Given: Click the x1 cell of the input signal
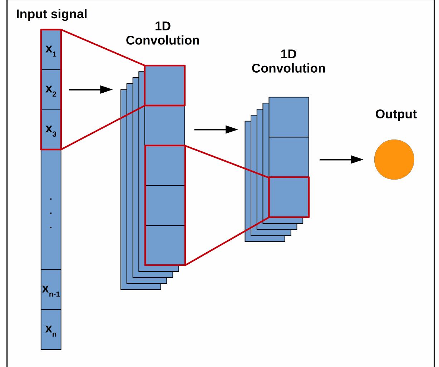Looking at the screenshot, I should pyautogui.click(x=51, y=49).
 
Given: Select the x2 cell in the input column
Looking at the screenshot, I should pyautogui.click(x=51, y=89).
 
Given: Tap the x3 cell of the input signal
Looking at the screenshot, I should pyautogui.click(x=51, y=129).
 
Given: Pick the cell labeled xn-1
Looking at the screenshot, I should pyautogui.click(x=51, y=289).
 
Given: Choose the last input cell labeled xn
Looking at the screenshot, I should pyautogui.click(x=51, y=329).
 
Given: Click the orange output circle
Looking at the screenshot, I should pyautogui.click(x=394, y=160).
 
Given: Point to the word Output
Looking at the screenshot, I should pyautogui.click(x=396, y=114).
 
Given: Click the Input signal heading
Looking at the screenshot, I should pyautogui.click(x=51, y=14).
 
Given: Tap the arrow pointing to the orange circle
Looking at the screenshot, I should pyautogui.click(x=341, y=160).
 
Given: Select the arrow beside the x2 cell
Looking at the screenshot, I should pyautogui.click(x=90, y=89).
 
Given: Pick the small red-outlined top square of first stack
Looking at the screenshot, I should pyautogui.click(x=165, y=85).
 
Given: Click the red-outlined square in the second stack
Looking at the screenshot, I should pyautogui.click(x=289, y=197).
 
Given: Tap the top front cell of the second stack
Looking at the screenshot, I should pyautogui.click(x=289, y=117).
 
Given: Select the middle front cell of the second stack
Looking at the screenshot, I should pyautogui.click(x=289, y=157).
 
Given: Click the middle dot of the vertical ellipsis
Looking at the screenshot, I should pyautogui.click(x=51, y=213).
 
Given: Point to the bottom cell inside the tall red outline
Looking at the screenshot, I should pyautogui.click(x=165, y=245).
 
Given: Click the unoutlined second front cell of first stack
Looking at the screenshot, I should pyautogui.click(x=165, y=126).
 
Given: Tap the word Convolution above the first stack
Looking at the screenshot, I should pyautogui.click(x=163, y=40).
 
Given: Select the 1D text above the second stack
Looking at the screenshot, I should pyautogui.click(x=288, y=54).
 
